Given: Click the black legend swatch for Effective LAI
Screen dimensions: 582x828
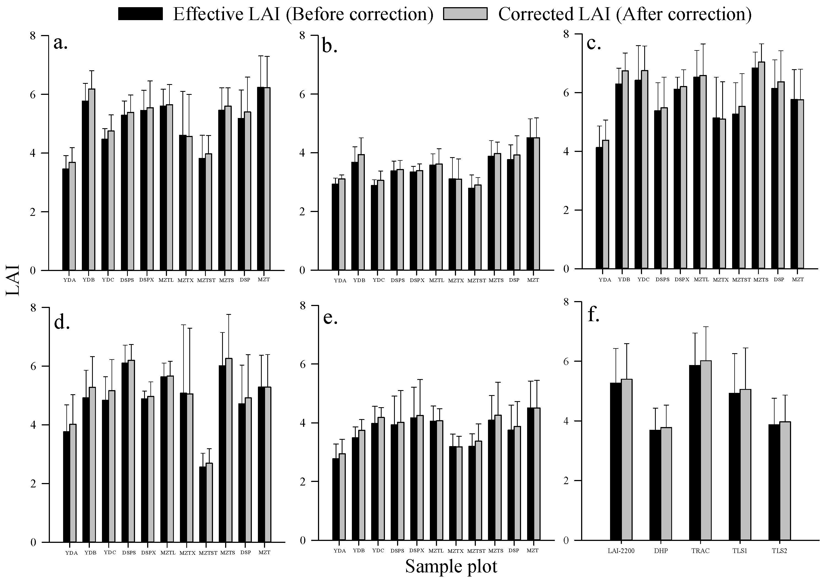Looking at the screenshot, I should point(141,14).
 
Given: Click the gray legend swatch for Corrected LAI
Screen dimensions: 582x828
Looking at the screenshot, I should point(465,14).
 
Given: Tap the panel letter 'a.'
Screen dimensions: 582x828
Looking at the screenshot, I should point(61,43).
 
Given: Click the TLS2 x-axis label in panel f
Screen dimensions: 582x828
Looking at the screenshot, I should point(779,551).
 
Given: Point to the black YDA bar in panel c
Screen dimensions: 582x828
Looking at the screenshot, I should point(599,208).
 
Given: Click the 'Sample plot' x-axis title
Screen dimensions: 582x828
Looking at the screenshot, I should point(451,567).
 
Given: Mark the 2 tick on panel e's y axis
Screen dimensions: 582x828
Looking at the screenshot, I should point(302,481).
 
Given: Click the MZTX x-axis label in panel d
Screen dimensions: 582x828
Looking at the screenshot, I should point(187,553).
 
